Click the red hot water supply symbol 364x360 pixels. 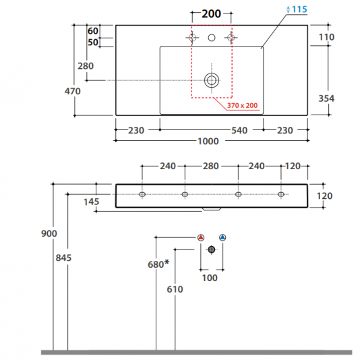pos(201,237)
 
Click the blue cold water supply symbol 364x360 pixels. pos(222,237)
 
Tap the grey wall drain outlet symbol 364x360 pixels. pos(212,249)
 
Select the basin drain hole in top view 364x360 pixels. pos(212,80)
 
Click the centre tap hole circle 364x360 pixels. pos(212,38)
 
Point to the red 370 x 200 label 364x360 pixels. pos(242,106)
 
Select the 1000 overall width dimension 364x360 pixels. pos(208,141)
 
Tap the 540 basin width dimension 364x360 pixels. pos(239,130)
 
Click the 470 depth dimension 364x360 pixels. pos(73,91)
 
